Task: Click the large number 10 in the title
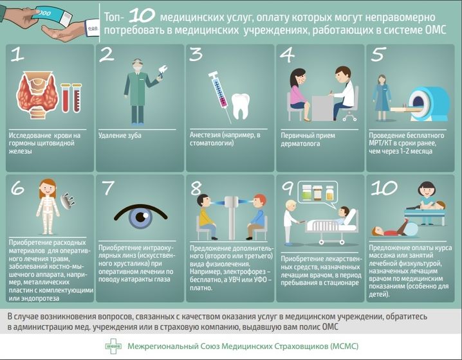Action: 142,15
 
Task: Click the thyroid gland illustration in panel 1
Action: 37,94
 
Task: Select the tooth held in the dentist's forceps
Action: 163,70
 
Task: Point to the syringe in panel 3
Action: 220,96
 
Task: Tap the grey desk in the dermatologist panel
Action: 322,108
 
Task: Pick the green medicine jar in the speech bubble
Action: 307,192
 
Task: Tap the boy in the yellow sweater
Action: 206,216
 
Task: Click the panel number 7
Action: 107,188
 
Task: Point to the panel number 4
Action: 287,55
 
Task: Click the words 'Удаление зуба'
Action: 120,136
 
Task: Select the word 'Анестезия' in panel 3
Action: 205,135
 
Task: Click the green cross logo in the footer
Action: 113,346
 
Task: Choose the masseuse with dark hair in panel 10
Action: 426,198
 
